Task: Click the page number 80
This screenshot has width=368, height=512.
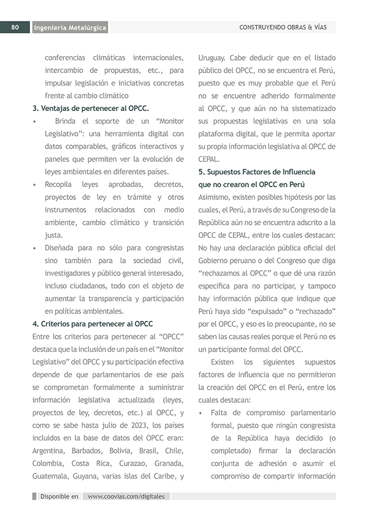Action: tap(15, 27)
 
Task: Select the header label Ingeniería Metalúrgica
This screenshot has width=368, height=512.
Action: tap(70, 28)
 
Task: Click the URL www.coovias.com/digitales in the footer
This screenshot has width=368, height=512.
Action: tap(126, 496)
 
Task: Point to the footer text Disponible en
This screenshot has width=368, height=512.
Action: tap(59, 496)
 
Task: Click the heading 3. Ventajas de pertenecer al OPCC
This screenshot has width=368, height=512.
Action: tap(91, 108)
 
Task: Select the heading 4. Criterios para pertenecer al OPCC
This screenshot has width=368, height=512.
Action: tap(93, 324)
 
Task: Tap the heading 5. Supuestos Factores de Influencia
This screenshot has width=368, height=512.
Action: tap(257, 172)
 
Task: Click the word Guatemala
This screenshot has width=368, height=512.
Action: tap(50, 476)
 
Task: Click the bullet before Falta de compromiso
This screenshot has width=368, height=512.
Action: tap(202, 413)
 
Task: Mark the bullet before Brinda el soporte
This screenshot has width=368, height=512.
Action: tap(35, 121)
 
